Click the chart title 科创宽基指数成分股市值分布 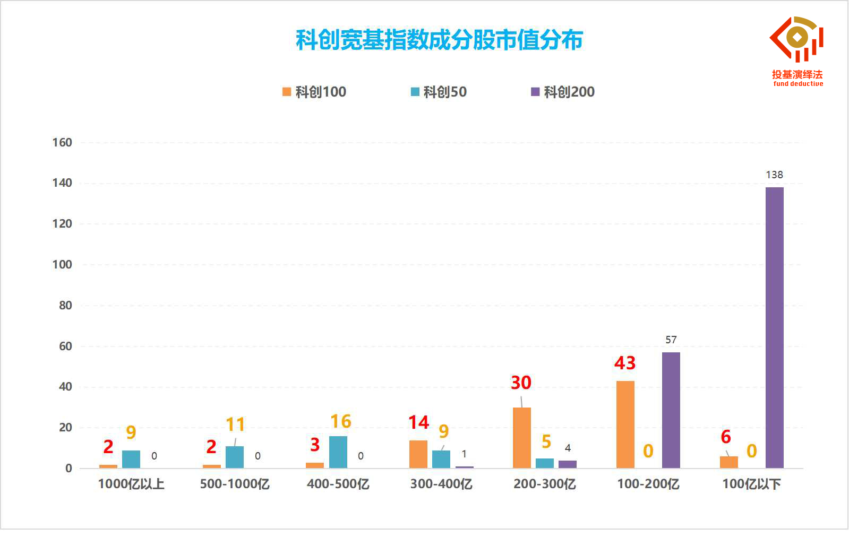click(439, 40)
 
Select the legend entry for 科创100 click(314, 92)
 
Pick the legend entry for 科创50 click(439, 92)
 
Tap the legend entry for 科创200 click(563, 92)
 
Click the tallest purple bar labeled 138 click(774, 327)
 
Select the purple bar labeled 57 click(671, 410)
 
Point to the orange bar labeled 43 click(625, 425)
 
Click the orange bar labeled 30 click(522, 438)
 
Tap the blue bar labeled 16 click(338, 452)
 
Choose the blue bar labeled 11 click(235, 457)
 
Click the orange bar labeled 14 click(418, 454)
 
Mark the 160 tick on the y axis click(62, 143)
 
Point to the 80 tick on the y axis click(65, 306)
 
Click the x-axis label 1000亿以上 click(131, 484)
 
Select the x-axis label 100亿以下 click(752, 484)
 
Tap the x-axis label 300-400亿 click(442, 484)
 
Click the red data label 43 click(625, 363)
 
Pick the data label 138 click(774, 175)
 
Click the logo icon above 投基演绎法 click(796, 39)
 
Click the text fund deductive click(798, 84)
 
